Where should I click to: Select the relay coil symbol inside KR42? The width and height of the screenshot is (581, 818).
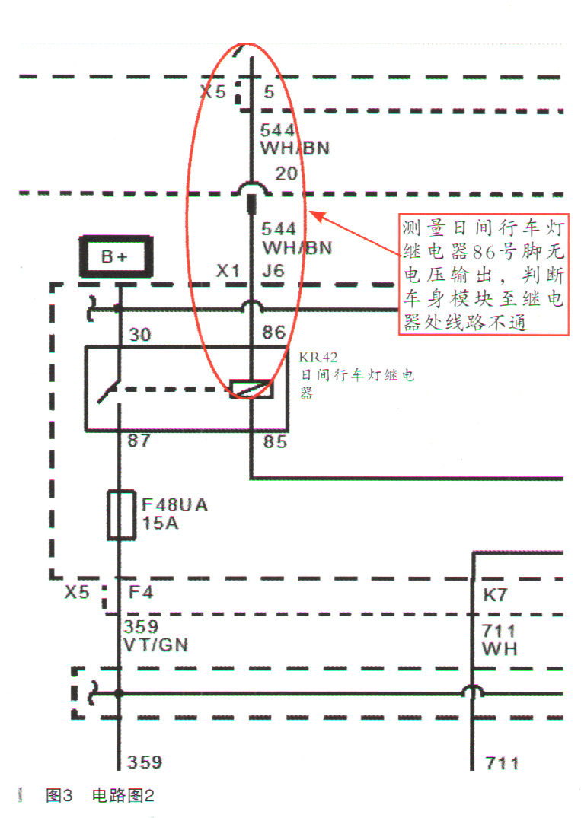[x=251, y=389]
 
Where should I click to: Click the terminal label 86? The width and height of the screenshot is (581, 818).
[x=273, y=332]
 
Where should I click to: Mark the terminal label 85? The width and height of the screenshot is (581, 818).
[x=273, y=441]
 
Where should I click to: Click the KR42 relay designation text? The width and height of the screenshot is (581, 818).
[x=318, y=356]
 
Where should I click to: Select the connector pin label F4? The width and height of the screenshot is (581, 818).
[x=141, y=591]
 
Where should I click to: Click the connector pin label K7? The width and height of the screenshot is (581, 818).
[x=495, y=595]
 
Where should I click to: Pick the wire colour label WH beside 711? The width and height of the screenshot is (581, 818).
[x=500, y=648]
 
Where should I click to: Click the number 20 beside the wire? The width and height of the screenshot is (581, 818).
[x=286, y=174]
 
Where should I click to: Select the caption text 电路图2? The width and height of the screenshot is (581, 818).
[x=123, y=796]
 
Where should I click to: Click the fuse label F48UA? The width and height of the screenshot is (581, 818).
[x=174, y=505]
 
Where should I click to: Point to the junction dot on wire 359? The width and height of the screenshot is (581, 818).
[x=119, y=693]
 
